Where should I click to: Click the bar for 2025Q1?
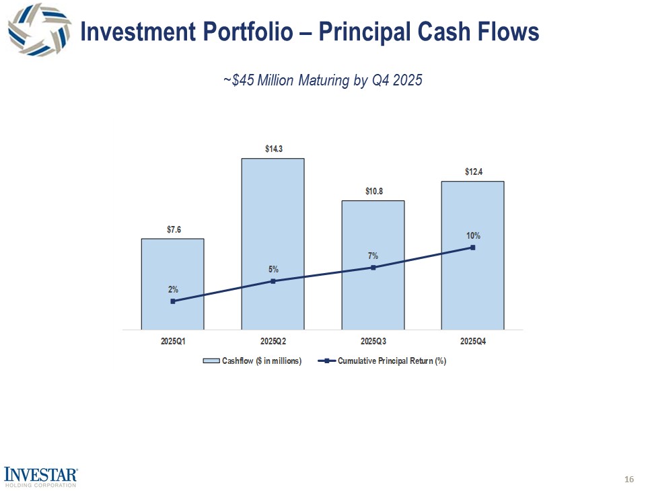172,269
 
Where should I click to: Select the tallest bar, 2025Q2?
273,222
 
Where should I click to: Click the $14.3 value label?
273,149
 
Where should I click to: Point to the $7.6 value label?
173,229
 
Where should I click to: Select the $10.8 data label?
373,192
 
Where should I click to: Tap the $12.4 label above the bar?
473,172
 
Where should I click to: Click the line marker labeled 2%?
173,301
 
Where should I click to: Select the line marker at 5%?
273,281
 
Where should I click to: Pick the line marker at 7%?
373,268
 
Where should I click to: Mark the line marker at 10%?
473,248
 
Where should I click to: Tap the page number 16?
629,479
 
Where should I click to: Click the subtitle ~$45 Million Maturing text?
322,81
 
